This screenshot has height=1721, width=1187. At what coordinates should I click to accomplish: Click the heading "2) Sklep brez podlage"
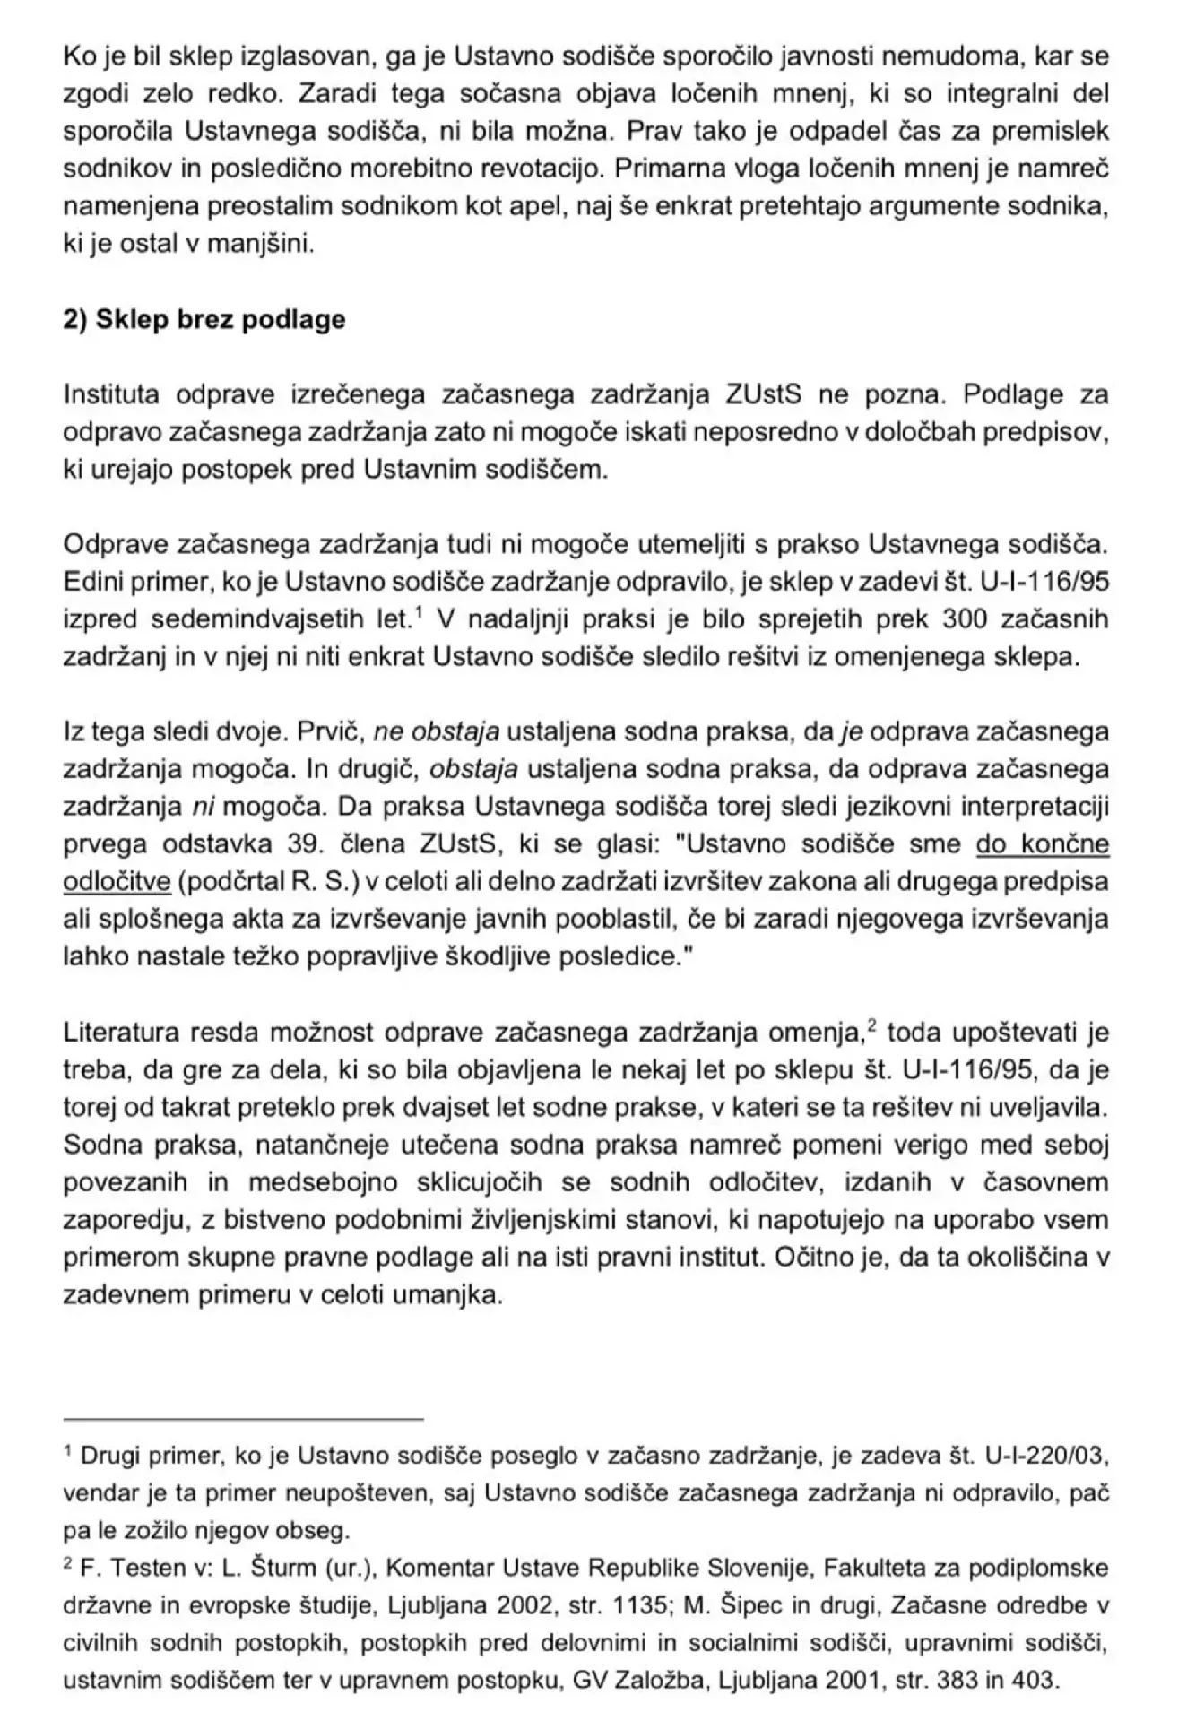204,320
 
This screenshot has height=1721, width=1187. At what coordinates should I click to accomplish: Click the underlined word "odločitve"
117,882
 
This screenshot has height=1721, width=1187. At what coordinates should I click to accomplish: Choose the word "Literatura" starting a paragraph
120,1033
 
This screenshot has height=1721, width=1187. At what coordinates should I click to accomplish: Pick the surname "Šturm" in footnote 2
274,1569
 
